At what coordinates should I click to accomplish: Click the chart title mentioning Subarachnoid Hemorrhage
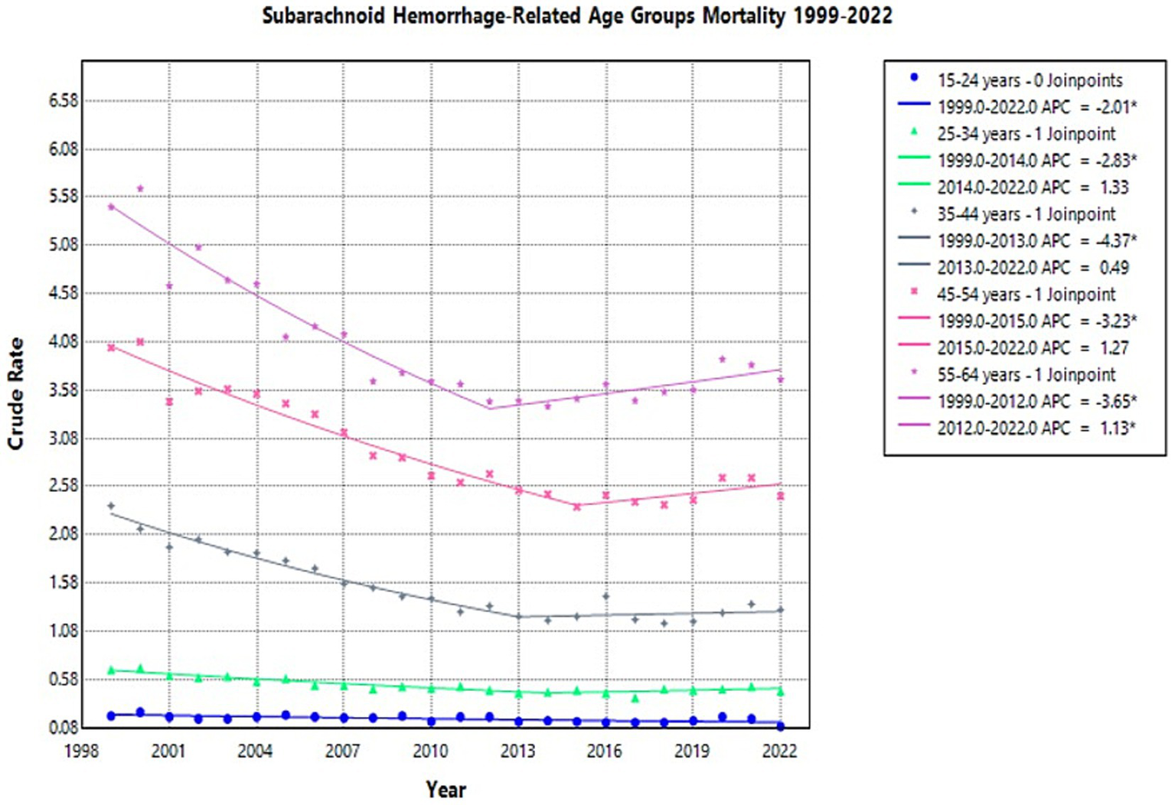click(576, 16)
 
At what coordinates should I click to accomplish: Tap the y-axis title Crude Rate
click(16, 393)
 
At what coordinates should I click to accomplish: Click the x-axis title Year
click(446, 789)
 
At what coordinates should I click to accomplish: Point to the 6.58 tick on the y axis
click(64, 101)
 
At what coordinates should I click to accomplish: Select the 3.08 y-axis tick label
click(64, 438)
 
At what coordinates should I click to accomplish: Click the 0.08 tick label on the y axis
click(64, 728)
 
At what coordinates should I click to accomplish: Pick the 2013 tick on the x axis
click(517, 751)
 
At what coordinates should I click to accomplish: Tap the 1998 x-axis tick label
click(81, 751)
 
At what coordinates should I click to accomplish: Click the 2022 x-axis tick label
click(779, 751)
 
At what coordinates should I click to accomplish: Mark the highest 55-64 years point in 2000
click(140, 188)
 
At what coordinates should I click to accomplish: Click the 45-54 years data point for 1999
click(111, 347)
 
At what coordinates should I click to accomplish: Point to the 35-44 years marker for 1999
click(111, 506)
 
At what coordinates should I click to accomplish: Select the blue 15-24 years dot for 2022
click(780, 725)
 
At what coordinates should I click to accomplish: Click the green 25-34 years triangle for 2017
click(635, 698)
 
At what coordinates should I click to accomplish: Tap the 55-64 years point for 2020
click(722, 359)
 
